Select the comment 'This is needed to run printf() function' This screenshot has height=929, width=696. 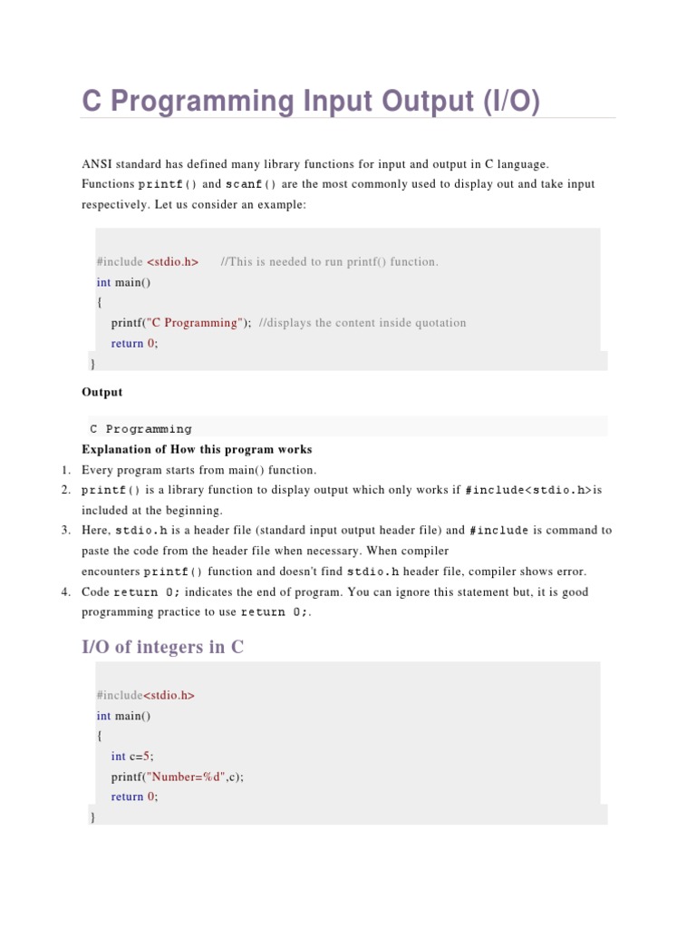tap(329, 262)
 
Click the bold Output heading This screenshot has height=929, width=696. tap(101, 393)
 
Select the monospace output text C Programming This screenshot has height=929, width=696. tap(140, 429)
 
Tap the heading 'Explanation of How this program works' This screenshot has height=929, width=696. tap(197, 449)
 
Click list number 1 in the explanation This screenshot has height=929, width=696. tap(65, 470)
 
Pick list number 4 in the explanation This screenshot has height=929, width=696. tap(65, 592)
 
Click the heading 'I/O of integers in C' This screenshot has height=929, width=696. tap(162, 648)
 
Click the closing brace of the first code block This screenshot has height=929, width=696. tap(92, 364)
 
